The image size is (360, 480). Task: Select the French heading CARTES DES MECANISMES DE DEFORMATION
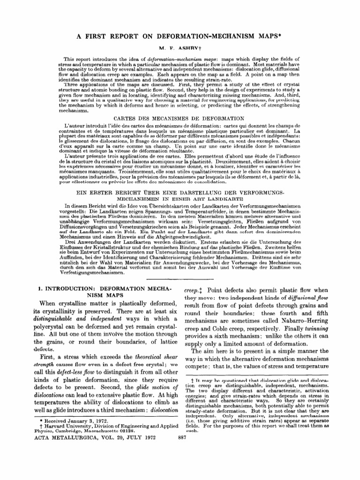(x=180, y=119)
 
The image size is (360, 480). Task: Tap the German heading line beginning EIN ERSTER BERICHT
(x=180, y=193)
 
